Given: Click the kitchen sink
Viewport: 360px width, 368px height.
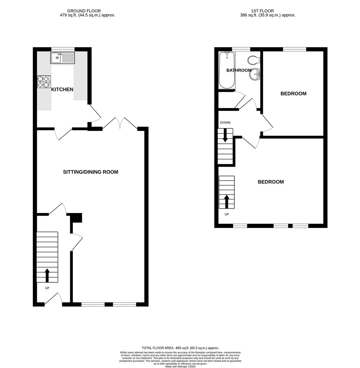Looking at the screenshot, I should (x=62, y=58).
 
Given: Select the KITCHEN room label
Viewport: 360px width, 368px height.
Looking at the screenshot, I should (x=62, y=90).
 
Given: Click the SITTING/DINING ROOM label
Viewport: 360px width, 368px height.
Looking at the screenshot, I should (x=91, y=172).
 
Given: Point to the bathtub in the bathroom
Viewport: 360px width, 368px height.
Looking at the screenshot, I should (x=226, y=70).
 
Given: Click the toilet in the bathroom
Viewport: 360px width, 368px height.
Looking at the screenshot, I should (x=254, y=60).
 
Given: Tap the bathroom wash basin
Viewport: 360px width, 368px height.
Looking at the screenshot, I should (x=255, y=74).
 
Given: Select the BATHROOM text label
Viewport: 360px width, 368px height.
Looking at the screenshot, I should (x=239, y=70).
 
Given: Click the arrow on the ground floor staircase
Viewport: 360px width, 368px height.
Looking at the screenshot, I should (x=47, y=275).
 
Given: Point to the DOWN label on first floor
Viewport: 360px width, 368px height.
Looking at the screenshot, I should (x=225, y=123).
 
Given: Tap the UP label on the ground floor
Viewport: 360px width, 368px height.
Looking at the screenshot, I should (x=47, y=288).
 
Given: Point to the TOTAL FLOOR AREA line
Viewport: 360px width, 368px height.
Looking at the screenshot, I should (x=180, y=348).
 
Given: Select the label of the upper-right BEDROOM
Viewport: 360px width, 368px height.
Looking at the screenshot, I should (x=293, y=94).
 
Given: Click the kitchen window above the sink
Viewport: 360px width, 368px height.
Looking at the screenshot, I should (x=63, y=49).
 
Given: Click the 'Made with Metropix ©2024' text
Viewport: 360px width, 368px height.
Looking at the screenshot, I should (x=180, y=366).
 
